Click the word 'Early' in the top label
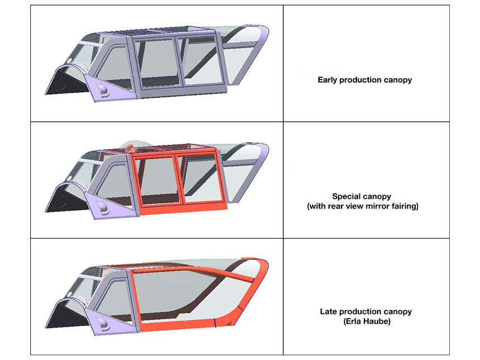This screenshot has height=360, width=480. pos(327,80)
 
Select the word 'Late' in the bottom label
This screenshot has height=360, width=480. pos(329,311)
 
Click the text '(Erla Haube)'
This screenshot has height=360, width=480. pos(367,321)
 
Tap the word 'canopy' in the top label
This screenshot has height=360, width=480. pos(398,80)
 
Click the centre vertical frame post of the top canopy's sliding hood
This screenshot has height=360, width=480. pos(179,61)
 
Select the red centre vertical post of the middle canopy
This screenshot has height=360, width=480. pos(179,179)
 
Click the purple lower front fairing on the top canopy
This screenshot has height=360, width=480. pos(112,89)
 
